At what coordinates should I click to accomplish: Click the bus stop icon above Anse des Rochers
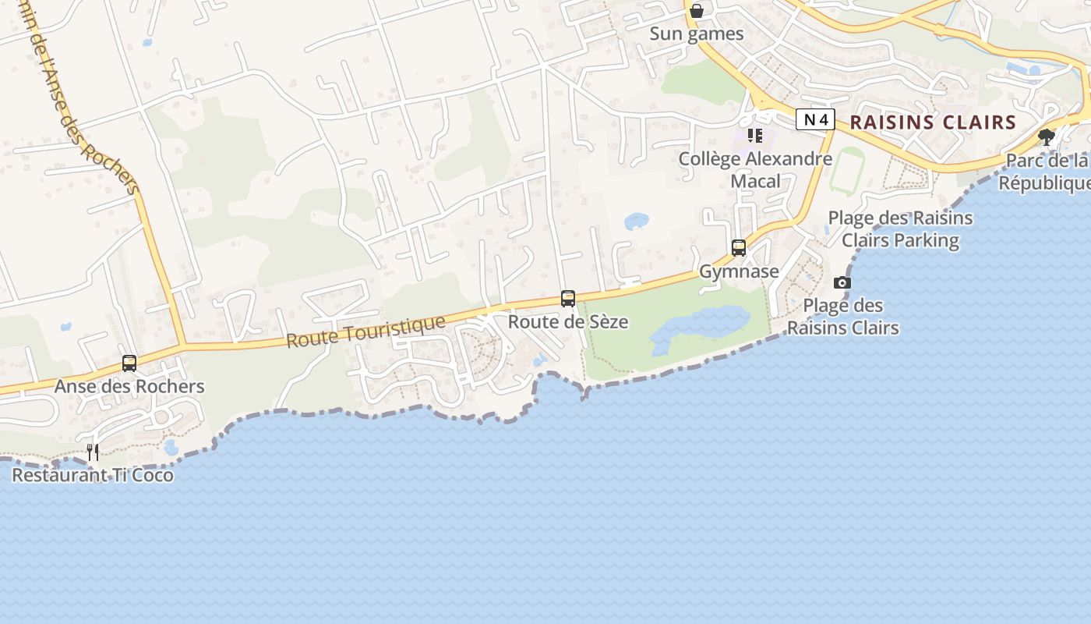pos(129,363)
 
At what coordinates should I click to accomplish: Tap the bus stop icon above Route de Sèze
pos(568,299)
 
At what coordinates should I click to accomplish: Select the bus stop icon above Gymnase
pos(738,248)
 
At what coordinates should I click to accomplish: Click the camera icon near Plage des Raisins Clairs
pos(842,282)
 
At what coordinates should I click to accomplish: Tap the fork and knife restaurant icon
pos(93,452)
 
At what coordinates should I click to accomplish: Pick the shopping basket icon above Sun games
pos(697,11)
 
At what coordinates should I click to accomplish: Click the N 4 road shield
pos(815,119)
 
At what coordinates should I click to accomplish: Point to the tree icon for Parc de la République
pos(1047,137)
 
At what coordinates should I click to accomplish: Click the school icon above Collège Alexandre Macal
pos(754,136)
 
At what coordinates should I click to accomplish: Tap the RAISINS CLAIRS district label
pos(933,122)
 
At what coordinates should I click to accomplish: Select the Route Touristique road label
pos(365,331)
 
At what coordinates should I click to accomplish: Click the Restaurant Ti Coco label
pos(93,475)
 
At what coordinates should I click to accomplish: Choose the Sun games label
pos(697,34)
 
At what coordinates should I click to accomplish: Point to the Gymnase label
pos(739,271)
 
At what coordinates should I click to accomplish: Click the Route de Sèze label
pos(568,321)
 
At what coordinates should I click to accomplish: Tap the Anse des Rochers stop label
pos(129,386)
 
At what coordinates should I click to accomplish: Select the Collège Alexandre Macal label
pos(755,170)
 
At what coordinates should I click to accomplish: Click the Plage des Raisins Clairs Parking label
pos(900,229)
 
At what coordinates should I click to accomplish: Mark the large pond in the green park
pos(701,324)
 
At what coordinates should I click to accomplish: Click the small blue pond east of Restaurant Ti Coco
pos(171,448)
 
